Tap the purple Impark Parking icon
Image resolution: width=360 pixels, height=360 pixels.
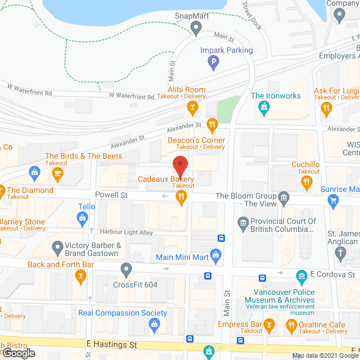213,62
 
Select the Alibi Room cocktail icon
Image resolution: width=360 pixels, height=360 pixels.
192,107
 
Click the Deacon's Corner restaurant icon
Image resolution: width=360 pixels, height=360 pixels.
211,124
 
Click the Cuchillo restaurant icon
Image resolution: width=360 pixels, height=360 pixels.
307,181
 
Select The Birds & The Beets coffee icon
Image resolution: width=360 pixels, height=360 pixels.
57,175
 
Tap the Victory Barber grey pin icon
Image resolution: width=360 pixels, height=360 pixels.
57,246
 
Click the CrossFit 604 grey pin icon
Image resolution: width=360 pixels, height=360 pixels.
127,271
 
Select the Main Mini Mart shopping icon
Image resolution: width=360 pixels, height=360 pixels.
215,256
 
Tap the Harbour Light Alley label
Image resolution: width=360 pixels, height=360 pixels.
126,232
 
